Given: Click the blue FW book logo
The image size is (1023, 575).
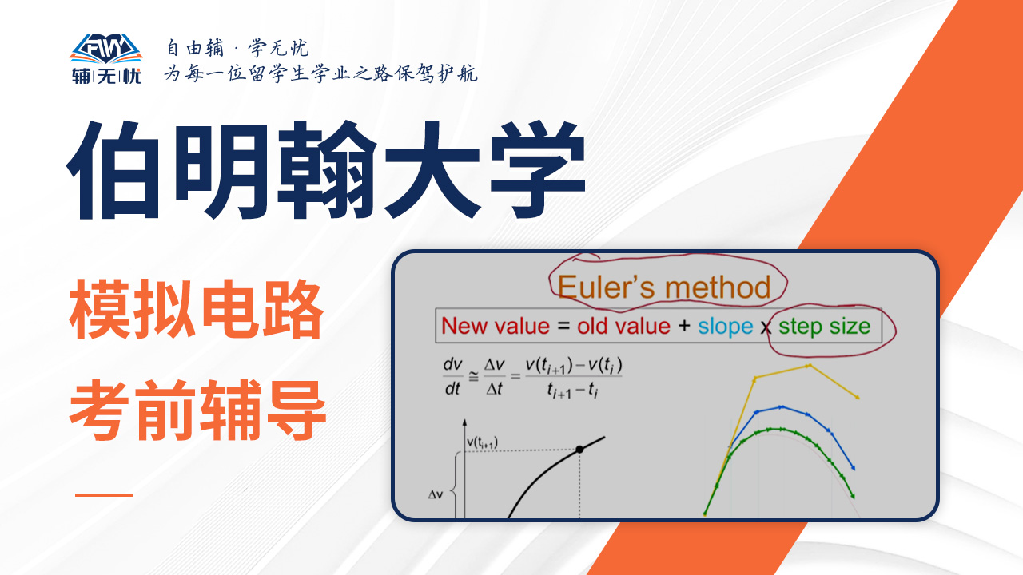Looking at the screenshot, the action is point(106,49).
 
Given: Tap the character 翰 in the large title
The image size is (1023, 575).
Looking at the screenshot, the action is point(327,170).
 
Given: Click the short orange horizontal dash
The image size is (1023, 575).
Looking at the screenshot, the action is point(104,494).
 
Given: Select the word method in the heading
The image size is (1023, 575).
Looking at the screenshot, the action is point(718,287).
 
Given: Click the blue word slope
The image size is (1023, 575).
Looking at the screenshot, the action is point(725,327).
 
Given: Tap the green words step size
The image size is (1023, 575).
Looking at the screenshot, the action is point(824,327).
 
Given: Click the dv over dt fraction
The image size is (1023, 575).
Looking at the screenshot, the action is point(452,376).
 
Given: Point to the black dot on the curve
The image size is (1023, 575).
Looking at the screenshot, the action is point(579,450).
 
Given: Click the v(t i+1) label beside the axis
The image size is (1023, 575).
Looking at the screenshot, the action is point(482,442).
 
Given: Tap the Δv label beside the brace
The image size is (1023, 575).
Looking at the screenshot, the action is point(436,494).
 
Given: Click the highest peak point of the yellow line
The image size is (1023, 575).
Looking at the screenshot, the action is point(809,366).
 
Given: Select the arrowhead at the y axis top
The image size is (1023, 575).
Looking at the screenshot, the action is point(464,422).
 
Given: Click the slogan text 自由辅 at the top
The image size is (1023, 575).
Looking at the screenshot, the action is point(195,48).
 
